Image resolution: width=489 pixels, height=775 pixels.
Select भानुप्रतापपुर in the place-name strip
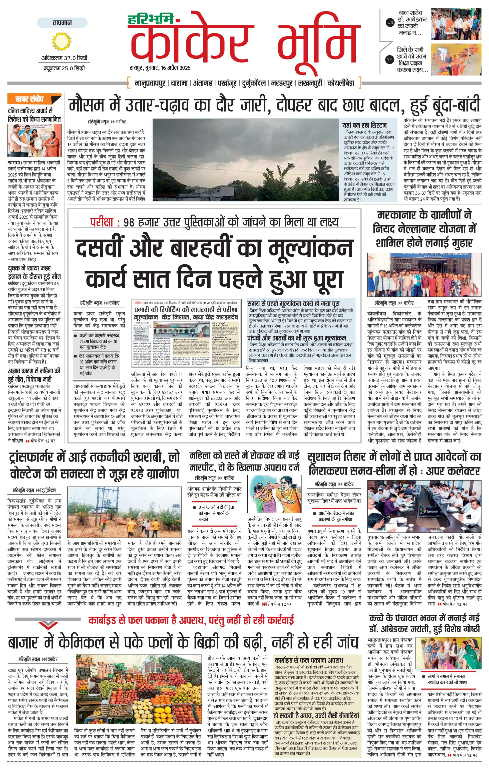(x=150, y=83)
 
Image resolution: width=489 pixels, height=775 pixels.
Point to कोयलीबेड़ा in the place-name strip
(x=341, y=83)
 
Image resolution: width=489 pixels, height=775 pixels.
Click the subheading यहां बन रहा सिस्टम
(x=365, y=125)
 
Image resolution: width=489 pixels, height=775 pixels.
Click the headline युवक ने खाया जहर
(x=29, y=268)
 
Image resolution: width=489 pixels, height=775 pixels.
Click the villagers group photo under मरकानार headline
(x=424, y=274)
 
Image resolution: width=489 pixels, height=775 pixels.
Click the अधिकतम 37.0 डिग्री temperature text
(x=64, y=58)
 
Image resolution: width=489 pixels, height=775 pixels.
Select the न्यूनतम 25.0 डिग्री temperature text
(x=64, y=68)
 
